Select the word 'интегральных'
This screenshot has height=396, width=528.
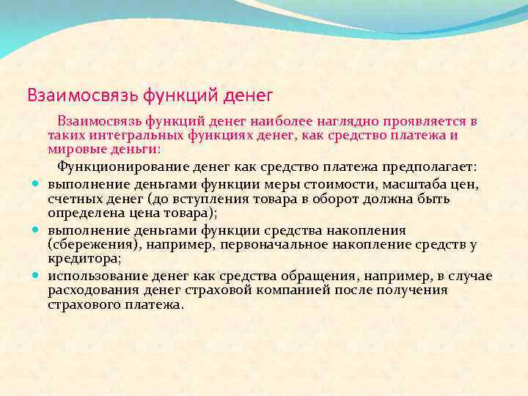128,135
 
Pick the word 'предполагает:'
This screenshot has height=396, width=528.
429,166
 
